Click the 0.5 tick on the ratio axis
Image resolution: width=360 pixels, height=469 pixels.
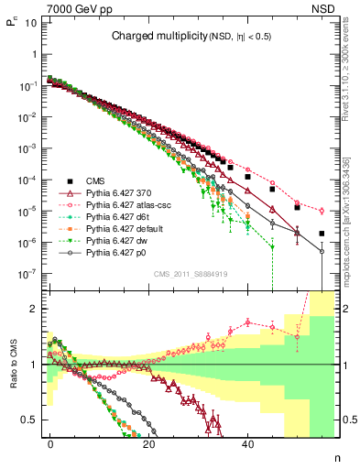pyautogui.click(x=28, y=420)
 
